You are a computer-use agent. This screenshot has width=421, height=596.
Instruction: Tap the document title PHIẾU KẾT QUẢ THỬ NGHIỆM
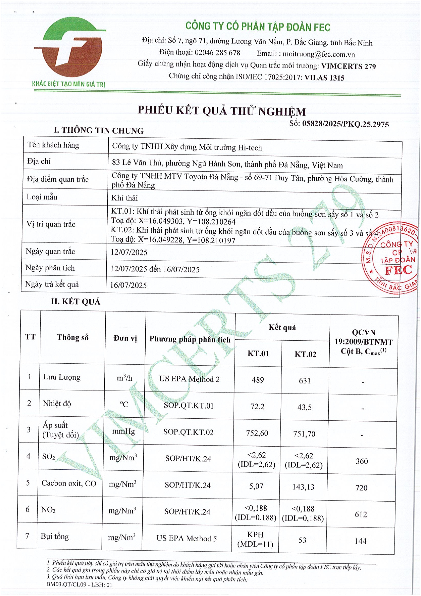pos(221,111)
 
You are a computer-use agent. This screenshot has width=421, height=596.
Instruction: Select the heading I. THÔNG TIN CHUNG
pos(98,130)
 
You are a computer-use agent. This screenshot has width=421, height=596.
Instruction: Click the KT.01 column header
pos(258,354)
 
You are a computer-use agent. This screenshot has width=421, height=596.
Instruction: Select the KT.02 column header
pos(305,354)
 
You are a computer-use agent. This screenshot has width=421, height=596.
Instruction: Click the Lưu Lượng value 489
pos(258,380)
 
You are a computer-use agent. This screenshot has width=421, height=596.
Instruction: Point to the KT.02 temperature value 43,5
pos(304,407)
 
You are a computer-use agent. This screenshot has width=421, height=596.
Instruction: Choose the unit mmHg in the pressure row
pos(124,432)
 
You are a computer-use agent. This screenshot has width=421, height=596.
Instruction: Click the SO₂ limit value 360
pos(362,461)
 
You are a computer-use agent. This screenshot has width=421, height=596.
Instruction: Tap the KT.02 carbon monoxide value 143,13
pos(303,487)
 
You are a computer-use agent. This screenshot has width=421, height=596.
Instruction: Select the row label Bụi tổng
pos(55,537)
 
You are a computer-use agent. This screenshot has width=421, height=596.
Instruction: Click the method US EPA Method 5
pos(186,538)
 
